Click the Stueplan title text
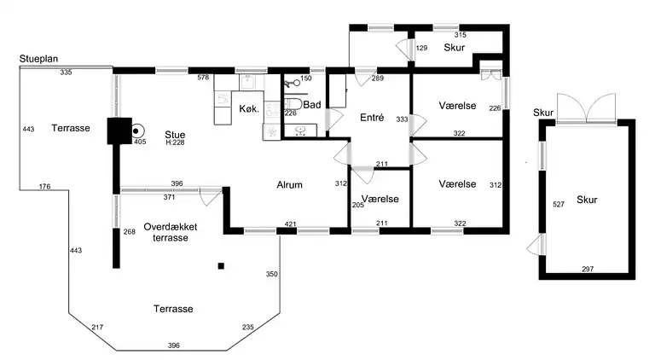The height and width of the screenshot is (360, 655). click(x=39, y=59)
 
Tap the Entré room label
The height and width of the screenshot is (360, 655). click(x=372, y=118)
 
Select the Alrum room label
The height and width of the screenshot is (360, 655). click(x=290, y=184)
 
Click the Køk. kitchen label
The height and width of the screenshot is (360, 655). click(x=249, y=108)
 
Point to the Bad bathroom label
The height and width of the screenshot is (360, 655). click(x=311, y=106)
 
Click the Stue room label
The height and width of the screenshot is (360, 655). click(x=175, y=132)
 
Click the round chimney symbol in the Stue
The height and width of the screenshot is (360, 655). click(x=136, y=131)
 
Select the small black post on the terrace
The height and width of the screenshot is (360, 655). click(x=221, y=266)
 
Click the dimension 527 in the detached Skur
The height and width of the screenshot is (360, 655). click(x=559, y=205)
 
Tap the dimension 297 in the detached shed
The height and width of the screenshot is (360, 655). click(x=587, y=270)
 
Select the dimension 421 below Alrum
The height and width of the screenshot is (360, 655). click(x=290, y=225)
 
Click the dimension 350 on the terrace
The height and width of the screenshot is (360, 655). click(x=272, y=275)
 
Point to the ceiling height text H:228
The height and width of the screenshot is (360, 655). click(x=176, y=142)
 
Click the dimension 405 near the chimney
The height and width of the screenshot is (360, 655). click(x=140, y=142)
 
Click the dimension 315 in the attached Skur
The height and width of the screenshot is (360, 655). click(x=461, y=35)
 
